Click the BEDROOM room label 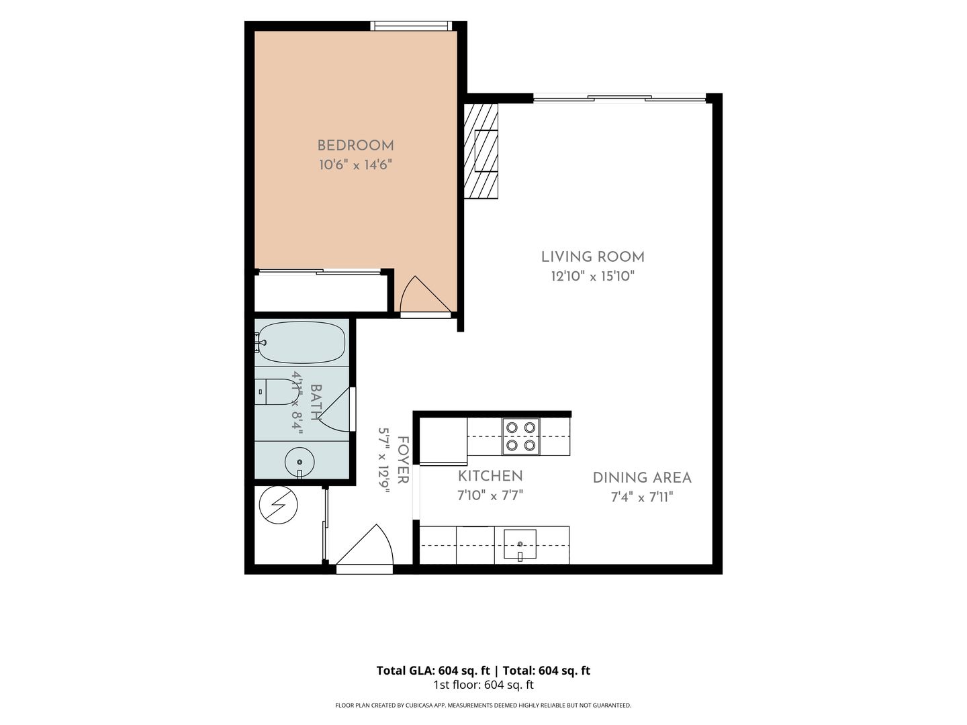(x=355, y=146)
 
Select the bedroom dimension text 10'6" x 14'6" (x=355, y=165)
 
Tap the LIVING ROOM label (x=592, y=257)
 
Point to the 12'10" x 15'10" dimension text (x=592, y=277)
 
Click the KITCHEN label (x=490, y=476)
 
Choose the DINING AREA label (x=642, y=477)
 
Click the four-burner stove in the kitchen (x=520, y=436)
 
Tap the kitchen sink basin (x=520, y=544)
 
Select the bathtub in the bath (x=302, y=342)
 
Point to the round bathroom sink (x=300, y=462)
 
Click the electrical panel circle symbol (x=279, y=505)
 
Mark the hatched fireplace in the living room (x=481, y=151)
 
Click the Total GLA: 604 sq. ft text (x=433, y=671)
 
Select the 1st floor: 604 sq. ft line (x=483, y=685)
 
